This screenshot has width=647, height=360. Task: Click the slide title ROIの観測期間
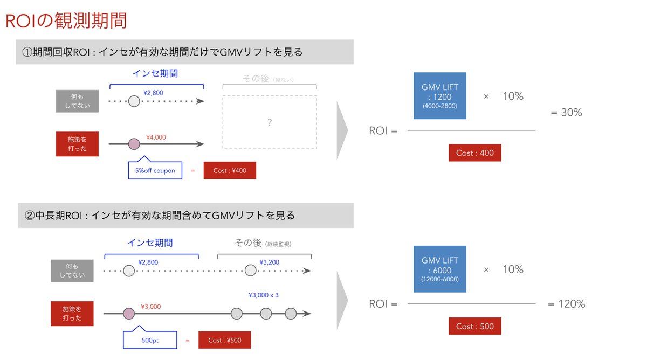pos(66,21)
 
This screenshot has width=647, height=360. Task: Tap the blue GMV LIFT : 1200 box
pos(439,96)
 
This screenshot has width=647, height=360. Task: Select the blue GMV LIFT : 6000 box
pos(439,269)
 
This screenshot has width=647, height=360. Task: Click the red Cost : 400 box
pos(474,153)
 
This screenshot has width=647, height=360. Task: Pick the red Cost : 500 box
pos(474,326)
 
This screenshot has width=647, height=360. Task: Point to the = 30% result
pos(566,113)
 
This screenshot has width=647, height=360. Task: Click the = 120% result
pos(566,304)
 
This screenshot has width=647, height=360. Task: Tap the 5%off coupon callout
pos(155,170)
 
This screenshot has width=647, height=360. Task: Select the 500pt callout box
pos(150,341)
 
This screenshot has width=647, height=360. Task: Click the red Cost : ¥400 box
pos(230,170)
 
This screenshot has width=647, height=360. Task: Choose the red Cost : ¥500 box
pos(225,341)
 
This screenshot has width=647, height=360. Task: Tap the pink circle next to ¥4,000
pos(134,144)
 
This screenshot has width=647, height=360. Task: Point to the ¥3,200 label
pos(269,262)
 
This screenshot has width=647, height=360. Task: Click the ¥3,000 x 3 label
pos(264,295)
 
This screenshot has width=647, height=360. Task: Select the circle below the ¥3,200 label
pos(250,271)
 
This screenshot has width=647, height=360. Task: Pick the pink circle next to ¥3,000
pos(128,314)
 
